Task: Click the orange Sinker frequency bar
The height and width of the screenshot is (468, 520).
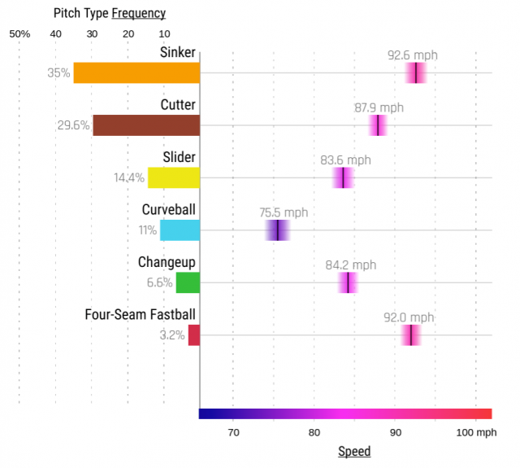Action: (136, 72)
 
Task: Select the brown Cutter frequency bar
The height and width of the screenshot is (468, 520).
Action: (146, 125)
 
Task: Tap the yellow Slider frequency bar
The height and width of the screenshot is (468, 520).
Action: (173, 177)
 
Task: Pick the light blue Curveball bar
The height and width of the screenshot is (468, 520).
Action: (180, 230)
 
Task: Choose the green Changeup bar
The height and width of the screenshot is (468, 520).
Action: (188, 282)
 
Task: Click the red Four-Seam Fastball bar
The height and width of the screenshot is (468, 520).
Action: (193, 335)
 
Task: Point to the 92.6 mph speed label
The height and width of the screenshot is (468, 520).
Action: (412, 55)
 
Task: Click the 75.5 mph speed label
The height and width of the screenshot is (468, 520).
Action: (284, 212)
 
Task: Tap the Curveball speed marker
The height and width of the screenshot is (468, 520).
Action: (277, 230)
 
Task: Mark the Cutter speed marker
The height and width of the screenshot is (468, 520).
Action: (378, 125)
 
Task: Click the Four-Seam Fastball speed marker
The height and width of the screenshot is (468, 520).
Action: (411, 335)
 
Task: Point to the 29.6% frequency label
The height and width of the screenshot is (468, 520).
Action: (73, 125)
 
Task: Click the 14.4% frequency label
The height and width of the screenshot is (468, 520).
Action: (129, 177)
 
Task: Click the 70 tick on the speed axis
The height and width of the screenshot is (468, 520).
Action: (233, 431)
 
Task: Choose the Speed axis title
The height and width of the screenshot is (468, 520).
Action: (353, 452)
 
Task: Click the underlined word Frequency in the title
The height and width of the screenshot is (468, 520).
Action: (138, 13)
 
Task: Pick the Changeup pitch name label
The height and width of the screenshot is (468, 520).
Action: (167, 262)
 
